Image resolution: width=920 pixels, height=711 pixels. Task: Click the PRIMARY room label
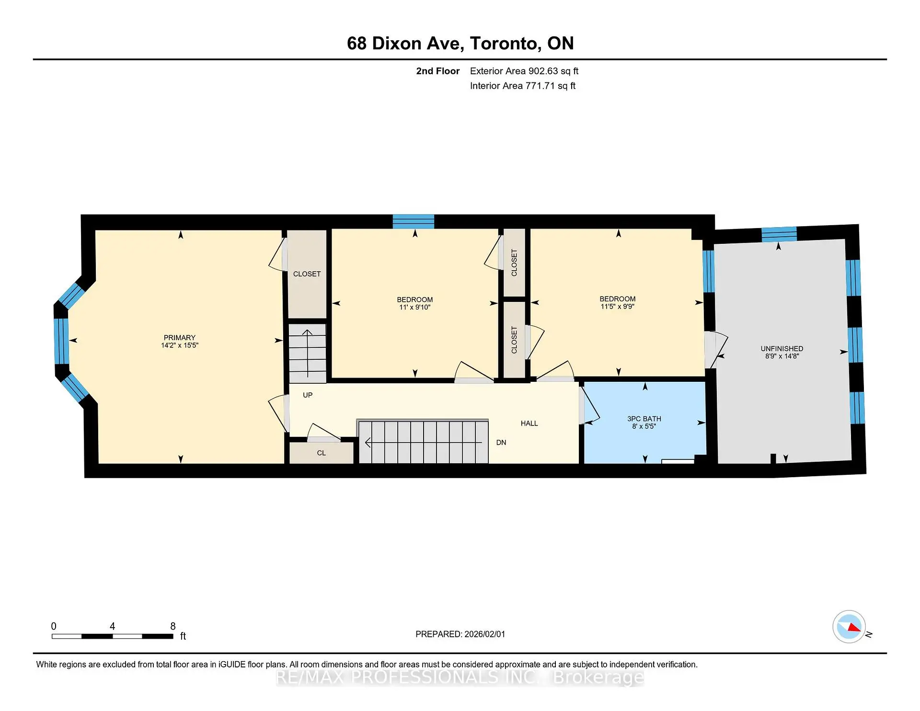pos(179,337)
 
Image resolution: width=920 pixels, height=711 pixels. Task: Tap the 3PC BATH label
pos(644,418)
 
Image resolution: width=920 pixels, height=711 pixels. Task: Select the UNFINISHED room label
pos(782,348)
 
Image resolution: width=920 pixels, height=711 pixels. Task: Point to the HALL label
pos(529,423)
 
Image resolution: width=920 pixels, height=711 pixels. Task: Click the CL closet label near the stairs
pos(321,453)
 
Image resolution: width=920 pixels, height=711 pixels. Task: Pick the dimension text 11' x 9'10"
pos(414,307)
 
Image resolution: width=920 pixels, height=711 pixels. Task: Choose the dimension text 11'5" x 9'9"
pos(617,306)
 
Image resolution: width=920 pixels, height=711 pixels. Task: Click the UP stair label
pos(308,395)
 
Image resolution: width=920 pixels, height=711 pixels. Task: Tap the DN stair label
pos(501,442)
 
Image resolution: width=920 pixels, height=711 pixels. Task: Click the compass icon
pos(849,626)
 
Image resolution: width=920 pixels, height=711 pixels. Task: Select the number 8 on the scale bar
pos(173,626)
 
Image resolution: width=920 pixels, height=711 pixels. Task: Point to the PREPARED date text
pos(460,634)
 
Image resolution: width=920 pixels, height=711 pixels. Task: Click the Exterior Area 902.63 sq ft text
pos(524,71)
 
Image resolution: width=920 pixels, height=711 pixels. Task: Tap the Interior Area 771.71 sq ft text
pos(522,86)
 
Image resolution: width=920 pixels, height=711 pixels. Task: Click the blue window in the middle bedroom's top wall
pos(413,221)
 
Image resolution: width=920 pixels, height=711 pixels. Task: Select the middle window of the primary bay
pos(61,341)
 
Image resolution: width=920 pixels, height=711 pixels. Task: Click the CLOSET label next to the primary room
pos(307,274)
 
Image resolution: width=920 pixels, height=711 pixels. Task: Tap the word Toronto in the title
pos(505,43)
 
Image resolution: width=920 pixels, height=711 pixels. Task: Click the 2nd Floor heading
pos(437,71)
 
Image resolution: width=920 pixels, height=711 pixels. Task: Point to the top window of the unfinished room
pos(779,234)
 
